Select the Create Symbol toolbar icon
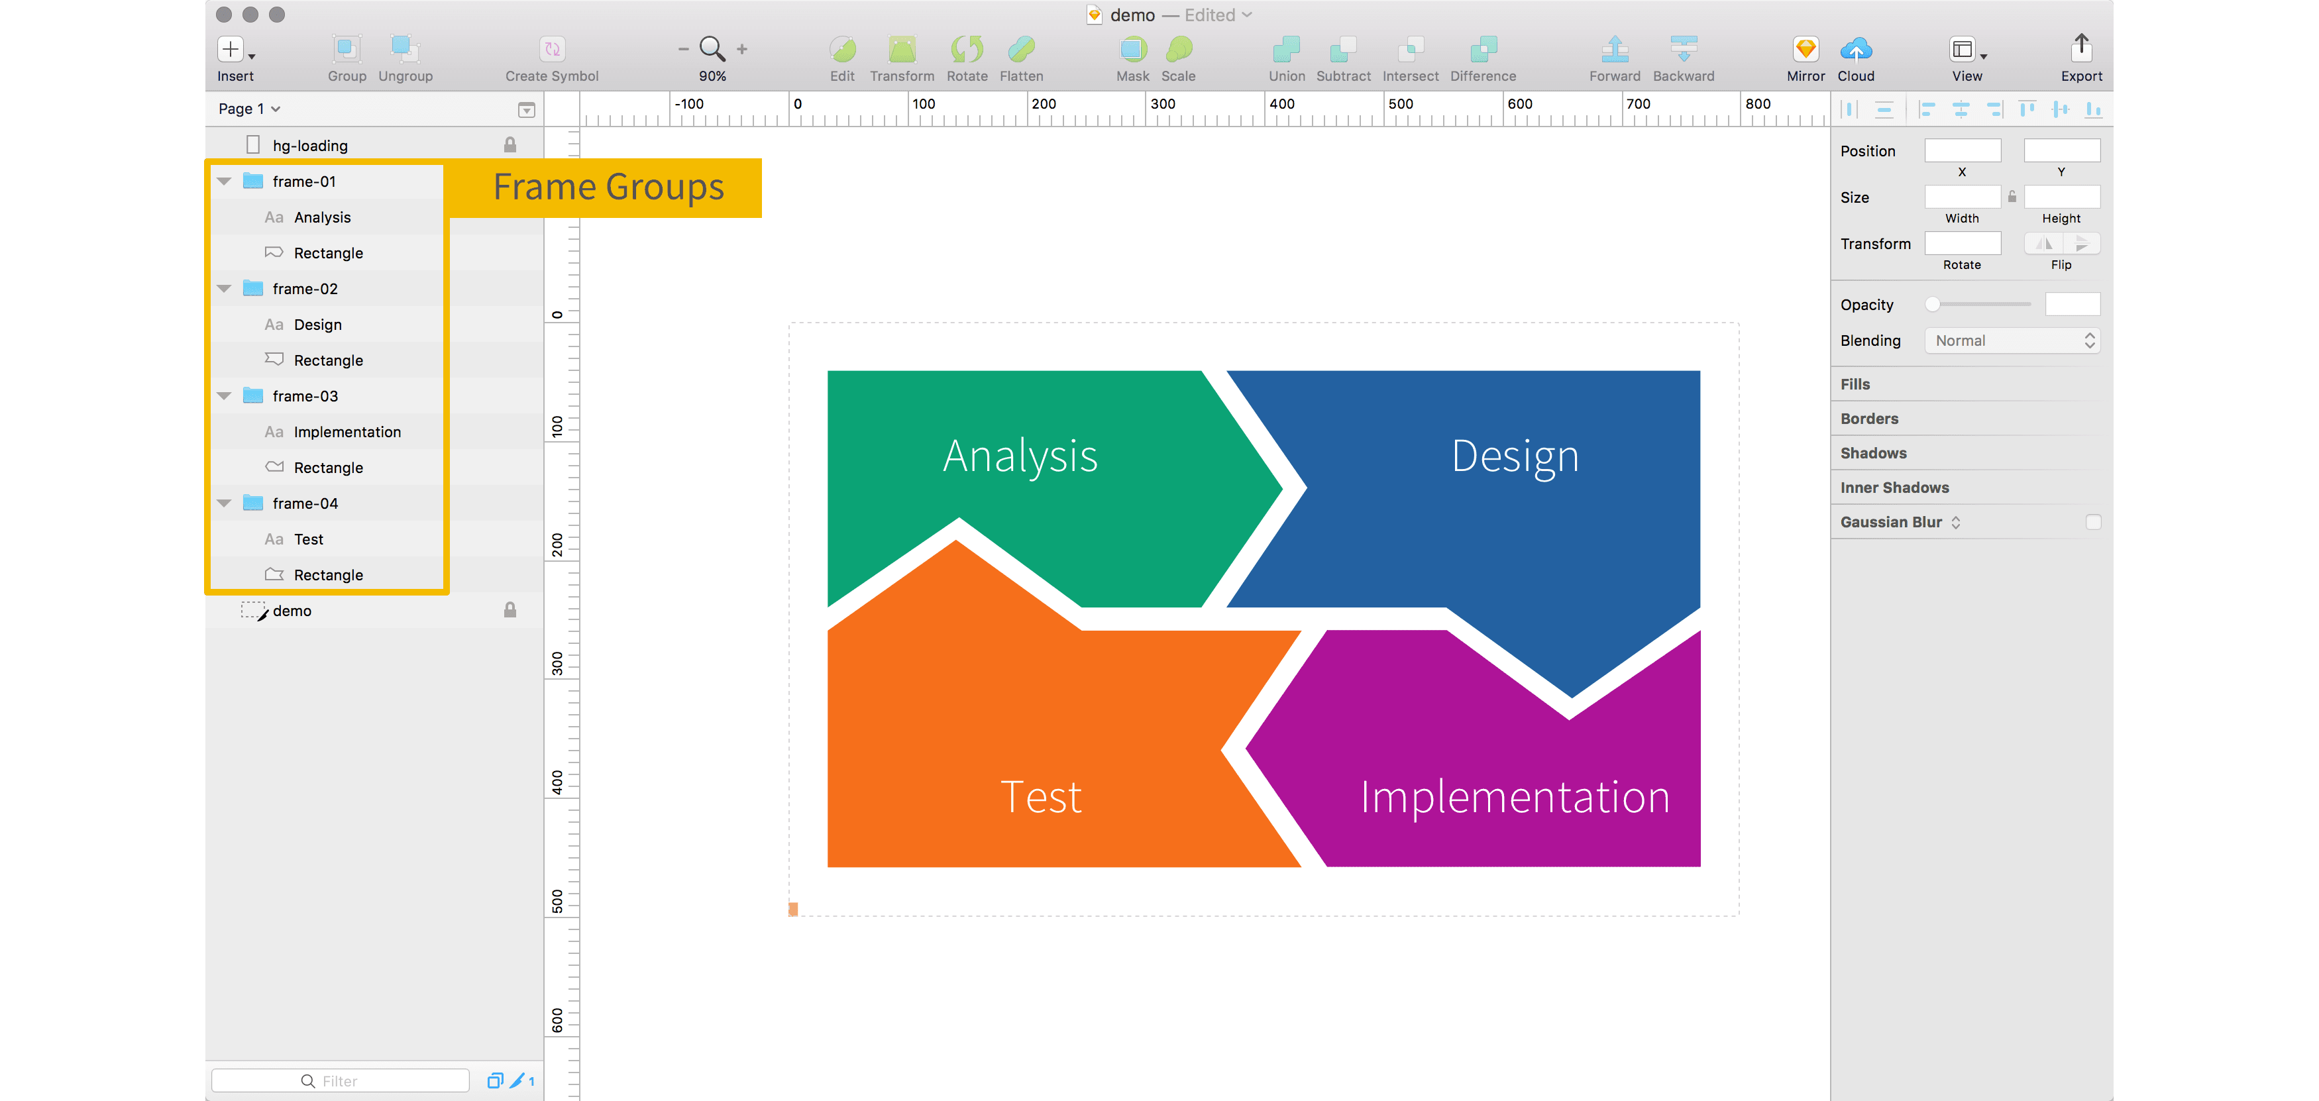coord(552,48)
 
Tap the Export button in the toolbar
coord(2081,48)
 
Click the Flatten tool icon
coord(1022,48)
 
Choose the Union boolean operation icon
coord(1287,48)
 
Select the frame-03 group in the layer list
coord(305,396)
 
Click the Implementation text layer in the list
coord(347,432)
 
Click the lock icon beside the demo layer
coord(510,610)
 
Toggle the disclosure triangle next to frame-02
coord(224,289)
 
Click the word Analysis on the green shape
coord(1020,456)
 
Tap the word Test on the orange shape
coord(1041,797)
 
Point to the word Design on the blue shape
coord(1515,456)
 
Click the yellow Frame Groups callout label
coord(608,187)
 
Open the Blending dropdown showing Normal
coord(2012,341)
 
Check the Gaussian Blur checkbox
coord(2093,522)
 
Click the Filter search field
coord(341,1080)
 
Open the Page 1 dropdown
coord(249,109)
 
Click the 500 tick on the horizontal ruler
coord(1400,103)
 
